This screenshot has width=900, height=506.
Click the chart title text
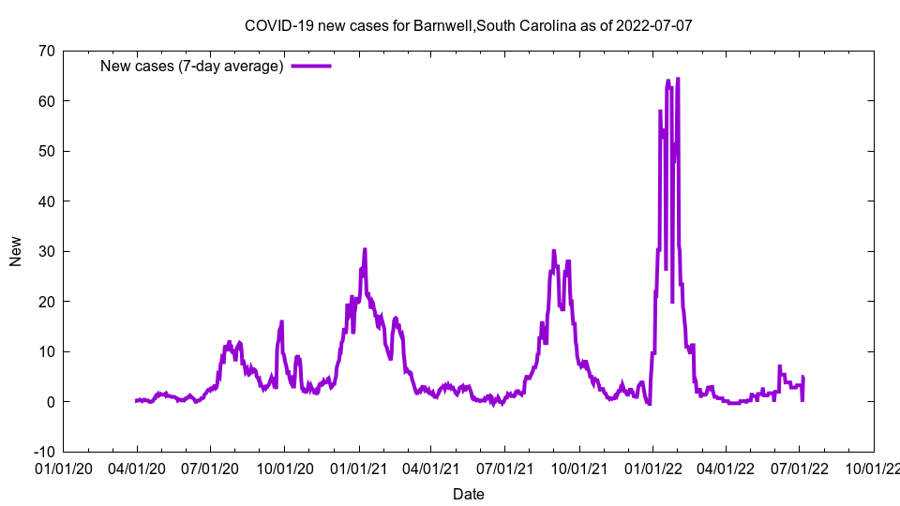468,25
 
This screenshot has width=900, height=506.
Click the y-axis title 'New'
16,251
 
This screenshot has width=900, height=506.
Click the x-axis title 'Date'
468,494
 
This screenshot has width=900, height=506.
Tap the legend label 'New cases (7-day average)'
192,66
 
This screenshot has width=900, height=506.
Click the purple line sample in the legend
311,66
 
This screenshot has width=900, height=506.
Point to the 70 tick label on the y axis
46,51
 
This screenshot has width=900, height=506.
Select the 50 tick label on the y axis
46,151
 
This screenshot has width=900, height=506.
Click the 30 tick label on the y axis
46,251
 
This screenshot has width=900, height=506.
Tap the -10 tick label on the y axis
43,452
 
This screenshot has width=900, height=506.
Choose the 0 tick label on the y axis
50,402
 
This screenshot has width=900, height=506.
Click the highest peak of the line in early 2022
678,79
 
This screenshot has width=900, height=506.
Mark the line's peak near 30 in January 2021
365,249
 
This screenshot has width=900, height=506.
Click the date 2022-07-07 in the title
654,25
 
